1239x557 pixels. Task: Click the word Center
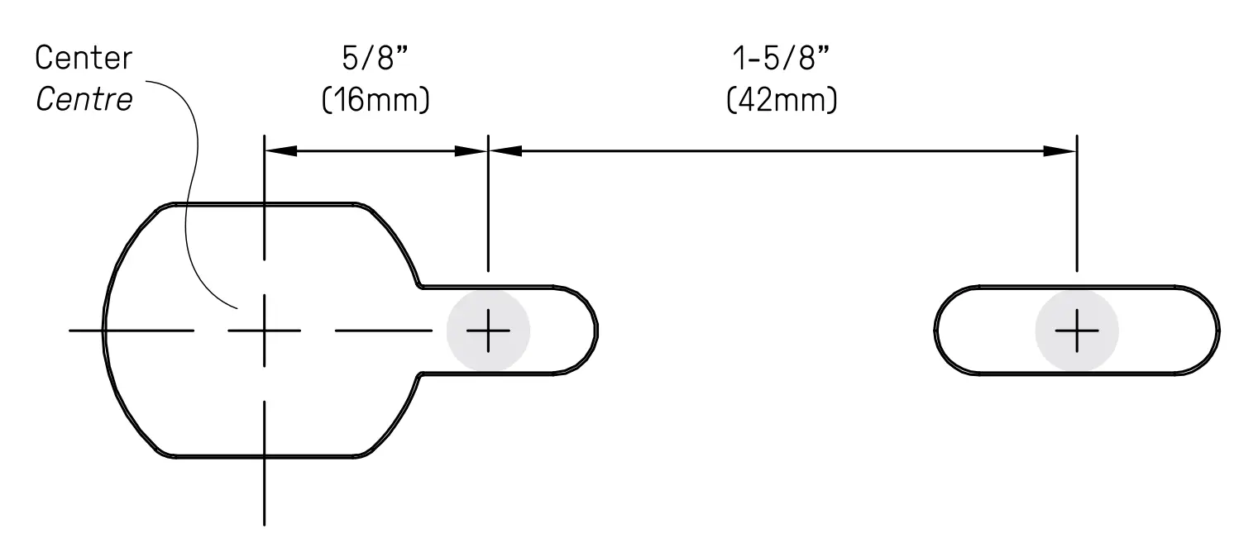[84, 59]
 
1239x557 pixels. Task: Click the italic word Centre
[84, 100]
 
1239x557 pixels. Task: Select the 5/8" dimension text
[376, 59]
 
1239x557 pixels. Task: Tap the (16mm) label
[376, 100]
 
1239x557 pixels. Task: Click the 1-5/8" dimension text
[782, 59]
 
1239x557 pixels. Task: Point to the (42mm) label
[782, 100]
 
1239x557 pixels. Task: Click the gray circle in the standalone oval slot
[1076, 331]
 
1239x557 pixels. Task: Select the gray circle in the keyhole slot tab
[488, 331]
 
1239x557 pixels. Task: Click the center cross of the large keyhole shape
[264, 331]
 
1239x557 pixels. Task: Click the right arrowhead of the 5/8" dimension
[473, 151]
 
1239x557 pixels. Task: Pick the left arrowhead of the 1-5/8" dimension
[505, 151]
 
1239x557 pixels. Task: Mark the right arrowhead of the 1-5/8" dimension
[1060, 151]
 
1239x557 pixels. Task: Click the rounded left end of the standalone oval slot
[937, 331]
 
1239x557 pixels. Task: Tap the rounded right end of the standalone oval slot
[1217, 331]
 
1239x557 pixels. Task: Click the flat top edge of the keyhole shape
[265, 203]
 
